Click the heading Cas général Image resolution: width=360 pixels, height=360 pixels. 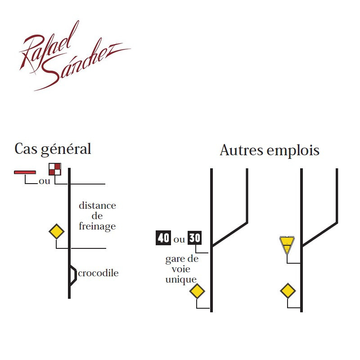[53, 149]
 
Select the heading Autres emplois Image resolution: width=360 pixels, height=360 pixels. [269, 150]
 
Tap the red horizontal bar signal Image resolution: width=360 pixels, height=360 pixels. [25, 172]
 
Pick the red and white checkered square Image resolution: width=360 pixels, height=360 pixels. [55, 169]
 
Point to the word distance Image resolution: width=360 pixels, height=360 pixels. [97, 206]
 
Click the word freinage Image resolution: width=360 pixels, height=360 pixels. [97, 226]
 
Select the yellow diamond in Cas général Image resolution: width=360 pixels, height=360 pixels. [56, 232]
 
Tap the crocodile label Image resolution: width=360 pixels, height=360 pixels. [99, 273]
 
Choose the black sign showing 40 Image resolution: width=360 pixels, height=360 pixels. [163, 237]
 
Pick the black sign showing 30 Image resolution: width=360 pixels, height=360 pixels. [194, 237]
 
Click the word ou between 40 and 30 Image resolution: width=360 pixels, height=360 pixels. [179, 239]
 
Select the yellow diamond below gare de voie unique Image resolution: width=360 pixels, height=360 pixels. [197, 292]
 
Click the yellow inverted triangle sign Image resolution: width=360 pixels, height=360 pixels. [286, 245]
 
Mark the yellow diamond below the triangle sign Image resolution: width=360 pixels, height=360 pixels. [288, 291]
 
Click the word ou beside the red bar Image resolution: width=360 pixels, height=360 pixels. [44, 181]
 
